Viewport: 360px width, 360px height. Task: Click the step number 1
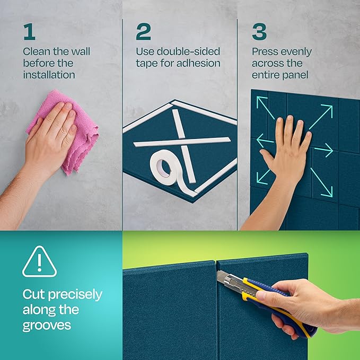[29, 32]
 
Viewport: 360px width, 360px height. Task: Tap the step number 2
[143, 32]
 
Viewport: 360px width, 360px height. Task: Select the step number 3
[259, 32]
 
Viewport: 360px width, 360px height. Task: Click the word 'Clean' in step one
[36, 52]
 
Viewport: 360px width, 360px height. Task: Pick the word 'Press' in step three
[265, 52]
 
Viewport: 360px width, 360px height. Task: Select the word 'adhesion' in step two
[200, 64]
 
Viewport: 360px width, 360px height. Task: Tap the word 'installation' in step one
[49, 75]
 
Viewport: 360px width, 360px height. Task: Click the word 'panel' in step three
[296, 75]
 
